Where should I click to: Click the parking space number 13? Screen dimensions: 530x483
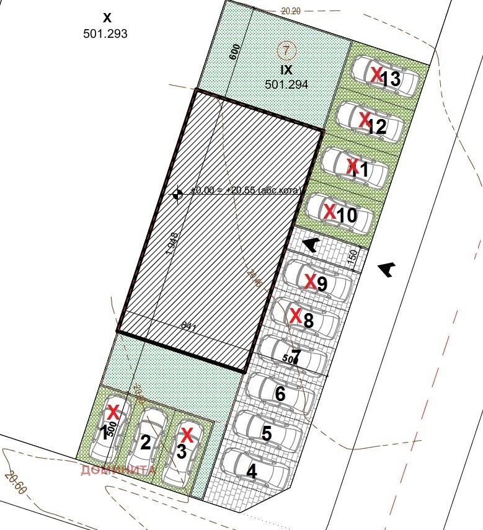point(391,79)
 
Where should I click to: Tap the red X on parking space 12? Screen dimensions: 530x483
point(365,120)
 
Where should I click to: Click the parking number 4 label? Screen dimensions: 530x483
point(252,472)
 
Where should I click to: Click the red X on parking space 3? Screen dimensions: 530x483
point(187,433)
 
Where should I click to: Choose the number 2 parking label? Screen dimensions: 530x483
point(146,443)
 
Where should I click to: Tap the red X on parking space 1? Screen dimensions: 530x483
point(113,411)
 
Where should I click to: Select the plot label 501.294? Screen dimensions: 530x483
point(286,84)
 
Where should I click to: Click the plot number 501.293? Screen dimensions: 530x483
point(105,34)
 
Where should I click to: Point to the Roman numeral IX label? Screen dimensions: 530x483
point(286,70)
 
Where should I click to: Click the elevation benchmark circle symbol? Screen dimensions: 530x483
point(177,194)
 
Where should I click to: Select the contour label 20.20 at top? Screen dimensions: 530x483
point(291,11)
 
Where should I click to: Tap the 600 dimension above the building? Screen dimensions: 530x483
point(234,52)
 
